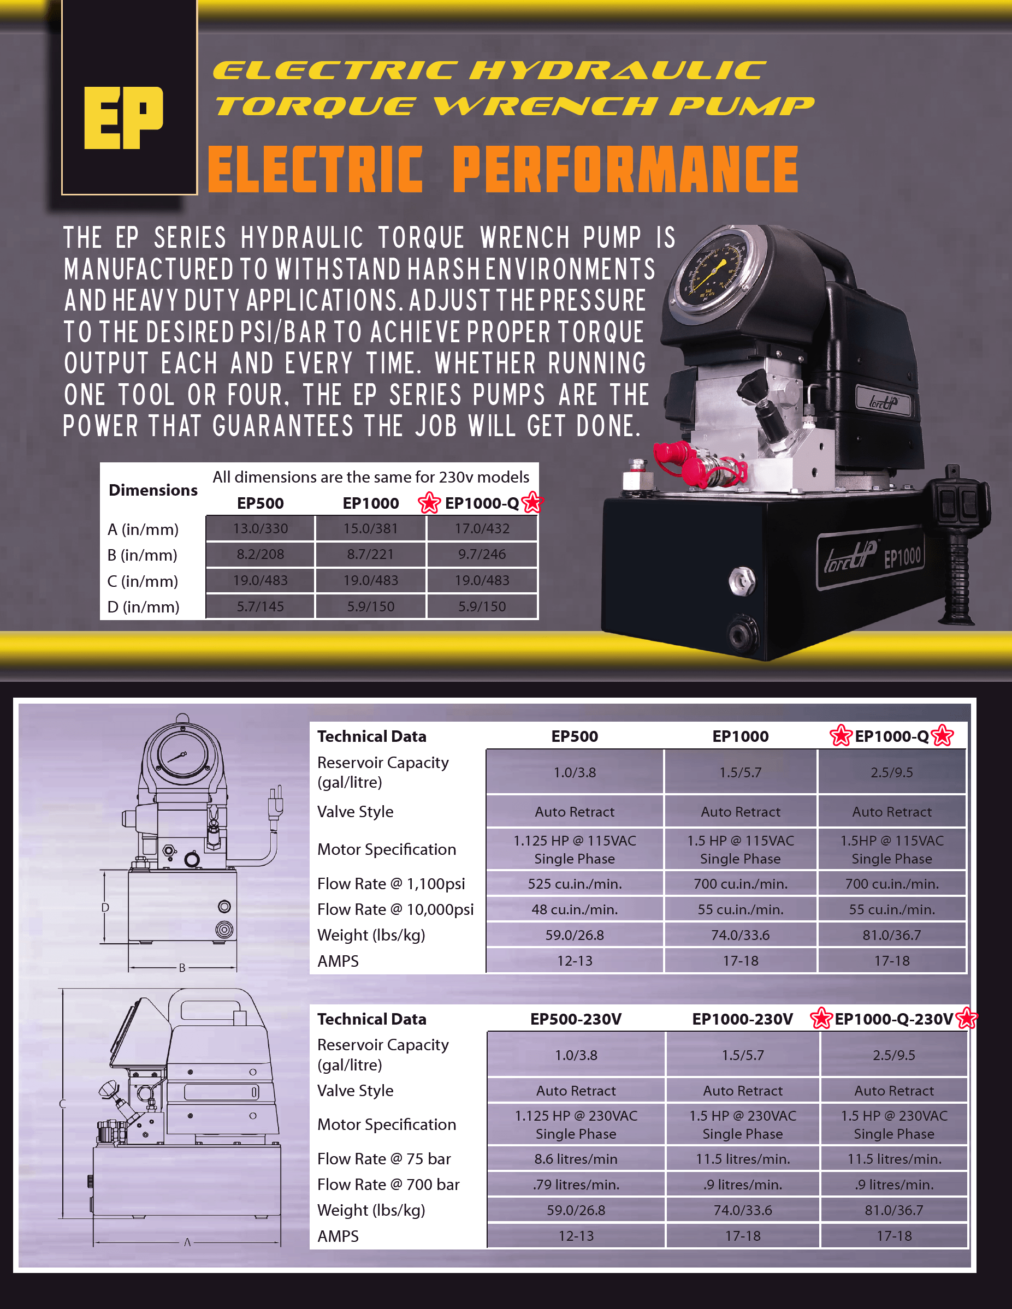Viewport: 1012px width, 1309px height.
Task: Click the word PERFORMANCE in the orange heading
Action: click(x=625, y=170)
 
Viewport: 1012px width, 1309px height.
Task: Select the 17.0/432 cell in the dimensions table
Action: click(x=482, y=528)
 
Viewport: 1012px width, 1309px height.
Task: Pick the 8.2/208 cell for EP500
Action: click(x=260, y=555)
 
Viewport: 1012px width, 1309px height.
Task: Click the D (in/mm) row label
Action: click(x=143, y=607)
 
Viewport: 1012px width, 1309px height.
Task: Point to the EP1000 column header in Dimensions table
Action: click(x=370, y=503)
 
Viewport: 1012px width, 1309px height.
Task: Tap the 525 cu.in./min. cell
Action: click(x=575, y=883)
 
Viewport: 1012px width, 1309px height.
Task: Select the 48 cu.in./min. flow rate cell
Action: click(x=575, y=909)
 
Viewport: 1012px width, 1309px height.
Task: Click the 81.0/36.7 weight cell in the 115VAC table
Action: click(x=891, y=935)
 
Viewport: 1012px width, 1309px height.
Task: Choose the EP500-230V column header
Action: click(x=576, y=1019)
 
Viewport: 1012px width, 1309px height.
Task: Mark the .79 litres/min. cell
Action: click(x=576, y=1185)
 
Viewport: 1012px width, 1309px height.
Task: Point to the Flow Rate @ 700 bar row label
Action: click(x=388, y=1185)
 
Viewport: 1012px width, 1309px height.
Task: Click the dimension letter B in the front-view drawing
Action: click(x=182, y=968)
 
